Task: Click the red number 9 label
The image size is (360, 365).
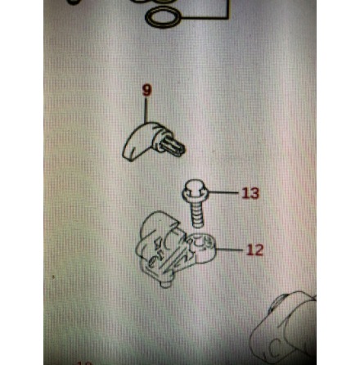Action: pos(146,90)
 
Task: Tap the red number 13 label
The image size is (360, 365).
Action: pos(250,193)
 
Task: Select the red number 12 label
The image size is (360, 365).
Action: pos(255,250)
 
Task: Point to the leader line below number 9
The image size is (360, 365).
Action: pos(146,110)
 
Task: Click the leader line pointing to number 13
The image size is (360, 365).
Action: pos(223,192)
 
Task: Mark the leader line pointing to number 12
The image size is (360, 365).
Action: pos(228,250)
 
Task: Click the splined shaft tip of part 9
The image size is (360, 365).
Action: pos(171,146)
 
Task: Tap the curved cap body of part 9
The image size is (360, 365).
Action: pos(138,141)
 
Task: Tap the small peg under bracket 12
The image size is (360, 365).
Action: pos(165,284)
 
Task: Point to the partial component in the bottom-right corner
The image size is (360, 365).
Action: pos(284,331)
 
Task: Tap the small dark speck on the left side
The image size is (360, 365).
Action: pos(53,277)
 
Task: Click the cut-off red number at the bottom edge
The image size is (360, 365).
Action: pos(85,363)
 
